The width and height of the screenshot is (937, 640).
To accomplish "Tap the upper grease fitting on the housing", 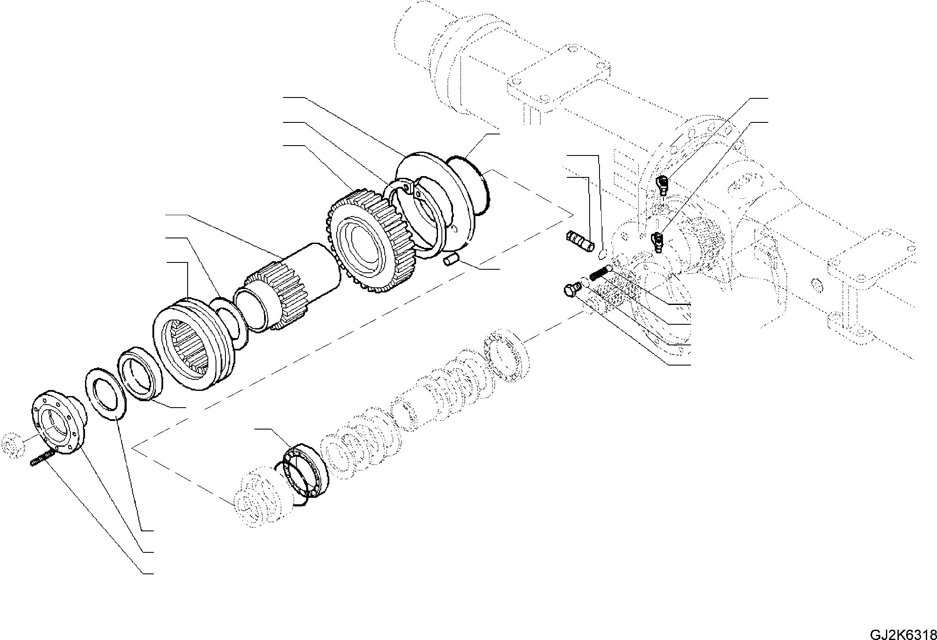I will point(662,185).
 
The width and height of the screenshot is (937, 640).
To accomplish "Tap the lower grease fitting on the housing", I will point(656,241).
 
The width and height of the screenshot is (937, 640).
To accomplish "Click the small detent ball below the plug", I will point(602,256).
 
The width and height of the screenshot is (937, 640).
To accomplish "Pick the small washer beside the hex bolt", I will point(584,282).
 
